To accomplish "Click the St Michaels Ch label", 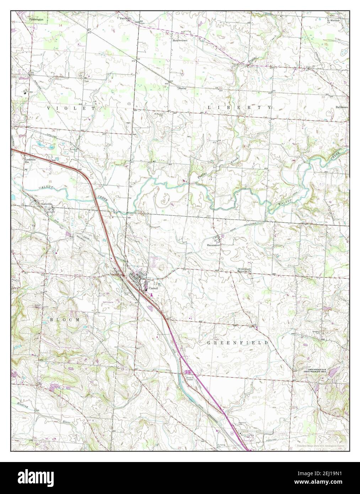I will (333, 21).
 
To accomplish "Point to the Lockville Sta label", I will (29, 161).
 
